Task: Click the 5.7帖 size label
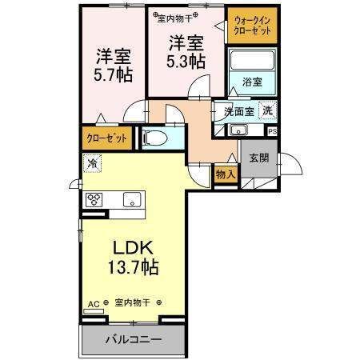(113, 75)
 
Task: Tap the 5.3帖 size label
(186, 62)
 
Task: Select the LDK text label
(133, 248)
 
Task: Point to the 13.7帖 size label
(133, 267)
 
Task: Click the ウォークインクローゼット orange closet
(252, 26)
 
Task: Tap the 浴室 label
(252, 82)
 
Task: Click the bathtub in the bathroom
(252, 60)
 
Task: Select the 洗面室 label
(238, 112)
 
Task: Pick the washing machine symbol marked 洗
(267, 111)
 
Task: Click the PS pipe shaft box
(273, 131)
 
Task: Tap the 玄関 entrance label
(258, 158)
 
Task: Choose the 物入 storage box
(226, 174)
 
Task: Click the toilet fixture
(155, 138)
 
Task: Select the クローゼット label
(106, 138)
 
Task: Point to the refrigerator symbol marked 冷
(92, 163)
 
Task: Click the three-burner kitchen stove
(94, 200)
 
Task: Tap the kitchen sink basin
(132, 200)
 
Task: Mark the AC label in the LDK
(94, 304)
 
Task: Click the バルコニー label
(134, 339)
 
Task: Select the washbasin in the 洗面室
(239, 130)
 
